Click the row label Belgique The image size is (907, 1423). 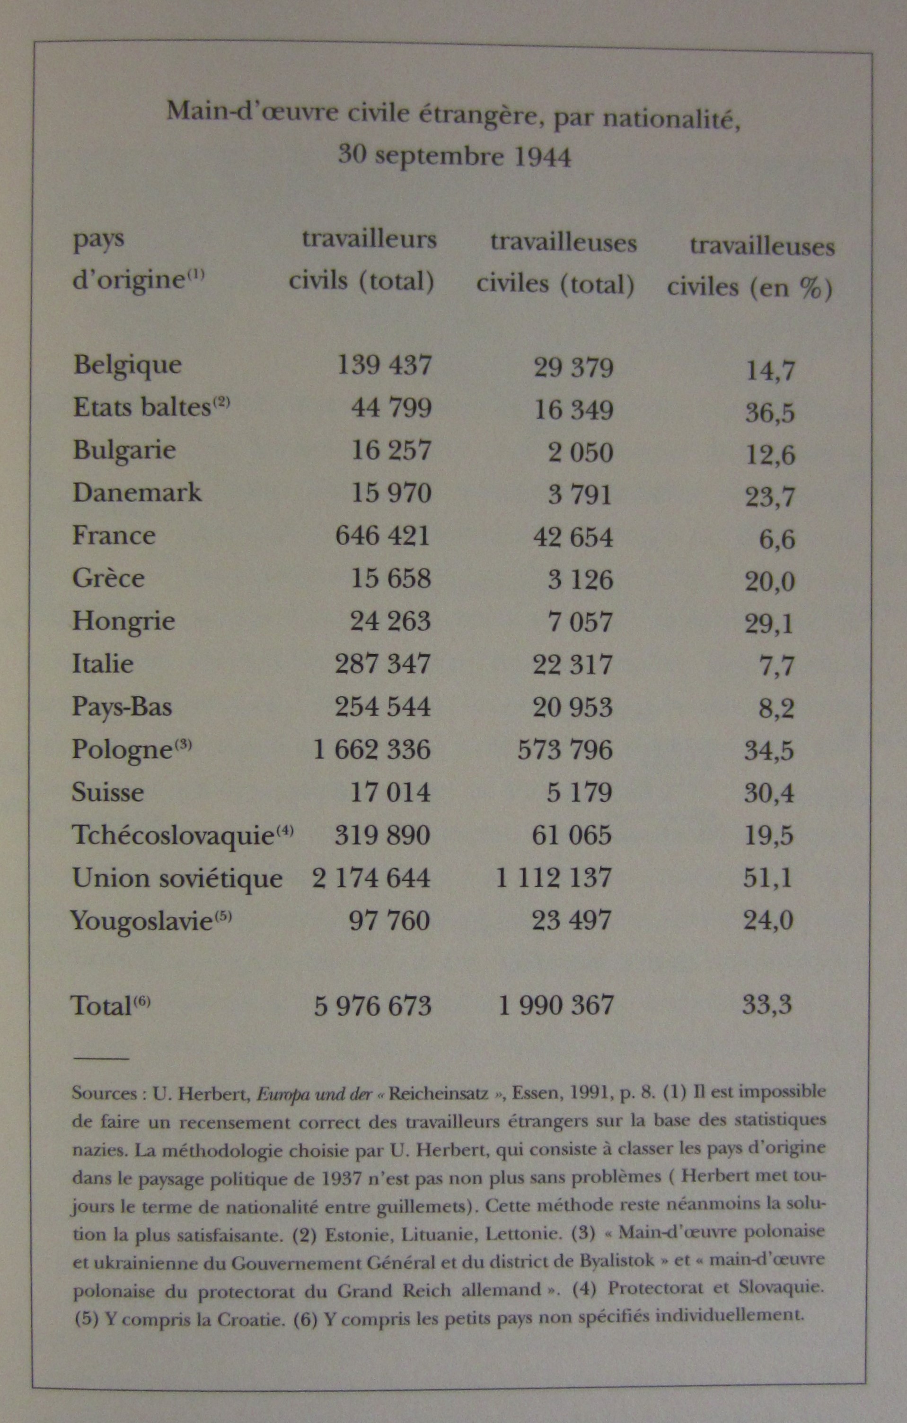coord(127,365)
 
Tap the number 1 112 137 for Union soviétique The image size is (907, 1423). coord(554,878)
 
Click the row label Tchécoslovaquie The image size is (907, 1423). coord(174,835)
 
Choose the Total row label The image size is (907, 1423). coord(101,1005)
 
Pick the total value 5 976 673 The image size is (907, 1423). coord(373,1005)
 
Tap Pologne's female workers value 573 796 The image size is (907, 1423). coord(565,750)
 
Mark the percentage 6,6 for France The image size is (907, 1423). coord(776,539)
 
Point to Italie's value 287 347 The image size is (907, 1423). coord(382,664)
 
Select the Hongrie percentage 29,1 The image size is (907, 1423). coord(769,624)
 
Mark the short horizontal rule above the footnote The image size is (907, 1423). coord(100,1058)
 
